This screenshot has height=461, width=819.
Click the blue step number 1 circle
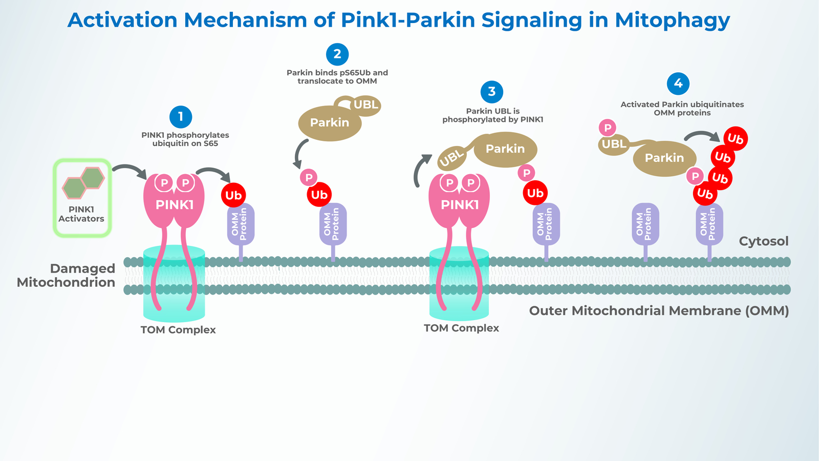(181, 117)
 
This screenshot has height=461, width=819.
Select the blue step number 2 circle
(337, 54)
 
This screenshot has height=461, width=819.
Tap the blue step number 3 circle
(492, 92)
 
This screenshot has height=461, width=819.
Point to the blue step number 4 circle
(678, 83)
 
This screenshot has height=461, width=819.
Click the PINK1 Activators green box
(82, 198)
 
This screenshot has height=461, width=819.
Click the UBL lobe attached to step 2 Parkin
(366, 105)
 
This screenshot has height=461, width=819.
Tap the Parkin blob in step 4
(664, 158)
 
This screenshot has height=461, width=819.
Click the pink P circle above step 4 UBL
(608, 128)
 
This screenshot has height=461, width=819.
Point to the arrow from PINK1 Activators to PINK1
(129, 171)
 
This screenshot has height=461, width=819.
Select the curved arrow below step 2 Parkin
(300, 153)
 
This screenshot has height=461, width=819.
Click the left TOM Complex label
(178, 330)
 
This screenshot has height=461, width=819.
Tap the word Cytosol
(763, 241)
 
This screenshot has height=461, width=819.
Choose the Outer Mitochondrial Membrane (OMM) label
(659, 311)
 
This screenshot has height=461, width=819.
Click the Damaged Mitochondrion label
(67, 276)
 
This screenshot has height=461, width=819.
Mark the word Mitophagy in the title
(672, 20)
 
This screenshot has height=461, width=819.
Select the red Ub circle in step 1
(233, 195)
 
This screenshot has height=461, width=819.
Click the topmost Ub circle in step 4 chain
(736, 139)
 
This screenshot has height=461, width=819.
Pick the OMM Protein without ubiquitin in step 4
(645, 224)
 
